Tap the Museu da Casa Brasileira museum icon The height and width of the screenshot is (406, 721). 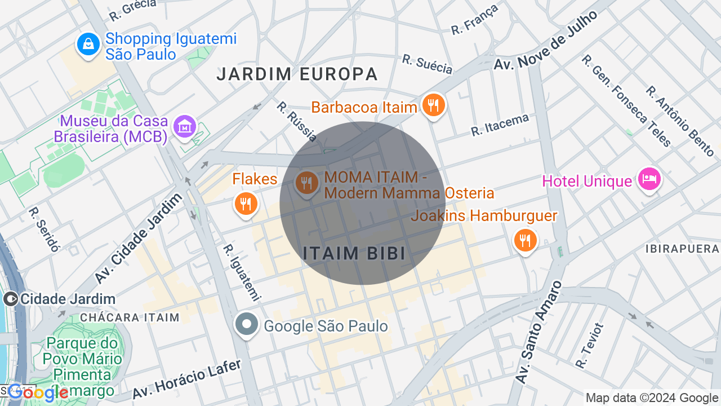point(184,127)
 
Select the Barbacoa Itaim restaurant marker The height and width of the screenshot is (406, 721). point(433,105)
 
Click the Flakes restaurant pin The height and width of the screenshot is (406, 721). point(246,204)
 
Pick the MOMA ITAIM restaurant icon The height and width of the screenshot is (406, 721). point(307,183)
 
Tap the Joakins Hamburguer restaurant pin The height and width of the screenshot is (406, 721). point(525,240)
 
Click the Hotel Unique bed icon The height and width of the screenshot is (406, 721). point(649,179)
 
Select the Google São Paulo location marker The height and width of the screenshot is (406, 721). point(247,325)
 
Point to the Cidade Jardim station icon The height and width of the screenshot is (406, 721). point(10,299)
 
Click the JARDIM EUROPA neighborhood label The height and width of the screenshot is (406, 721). point(297,74)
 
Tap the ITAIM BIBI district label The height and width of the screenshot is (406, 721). point(354,254)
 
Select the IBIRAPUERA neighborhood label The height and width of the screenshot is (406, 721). point(682,249)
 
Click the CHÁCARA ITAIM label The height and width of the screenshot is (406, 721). point(130,317)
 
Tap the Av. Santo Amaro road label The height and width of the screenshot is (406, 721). point(539,333)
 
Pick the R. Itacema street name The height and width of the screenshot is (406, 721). point(500,125)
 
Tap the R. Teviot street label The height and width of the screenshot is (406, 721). point(590,346)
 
